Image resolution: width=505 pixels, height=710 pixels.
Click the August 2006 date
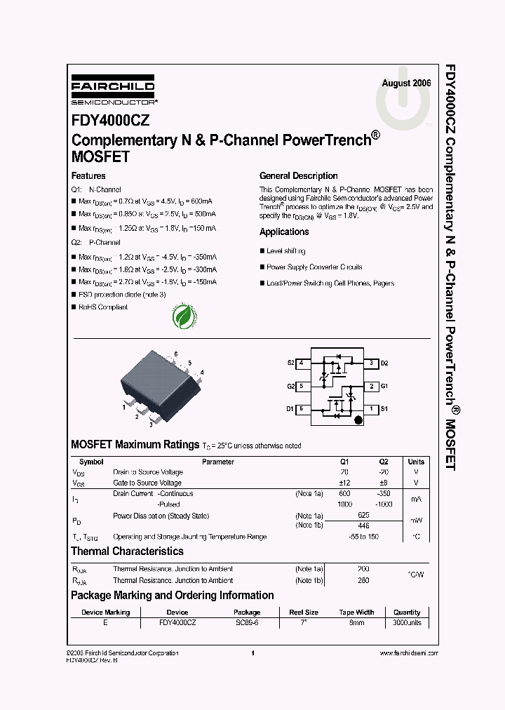click(406, 83)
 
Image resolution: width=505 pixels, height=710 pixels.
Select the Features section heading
click(88, 176)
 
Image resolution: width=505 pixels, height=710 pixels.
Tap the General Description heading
click(298, 176)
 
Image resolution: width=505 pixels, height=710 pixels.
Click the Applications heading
click(284, 232)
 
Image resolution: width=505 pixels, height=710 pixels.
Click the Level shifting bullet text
click(285, 251)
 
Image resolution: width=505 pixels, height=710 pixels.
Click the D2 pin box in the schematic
click(372, 363)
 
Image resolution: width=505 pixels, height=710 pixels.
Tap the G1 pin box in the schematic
click(372, 386)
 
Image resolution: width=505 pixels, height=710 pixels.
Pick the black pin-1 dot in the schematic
click(358, 420)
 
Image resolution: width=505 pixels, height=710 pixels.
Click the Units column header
click(416, 462)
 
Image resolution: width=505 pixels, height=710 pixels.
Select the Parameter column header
click(218, 462)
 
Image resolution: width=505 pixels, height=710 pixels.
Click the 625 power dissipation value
click(363, 516)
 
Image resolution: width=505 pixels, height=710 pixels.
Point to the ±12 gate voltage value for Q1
click(344, 483)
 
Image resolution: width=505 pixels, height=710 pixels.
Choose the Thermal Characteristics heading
click(127, 552)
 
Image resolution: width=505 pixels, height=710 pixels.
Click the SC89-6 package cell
click(247, 623)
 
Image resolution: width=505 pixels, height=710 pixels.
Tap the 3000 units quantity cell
click(407, 623)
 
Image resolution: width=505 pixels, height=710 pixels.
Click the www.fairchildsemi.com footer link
click(408, 653)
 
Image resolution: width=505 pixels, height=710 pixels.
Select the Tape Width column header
click(356, 612)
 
